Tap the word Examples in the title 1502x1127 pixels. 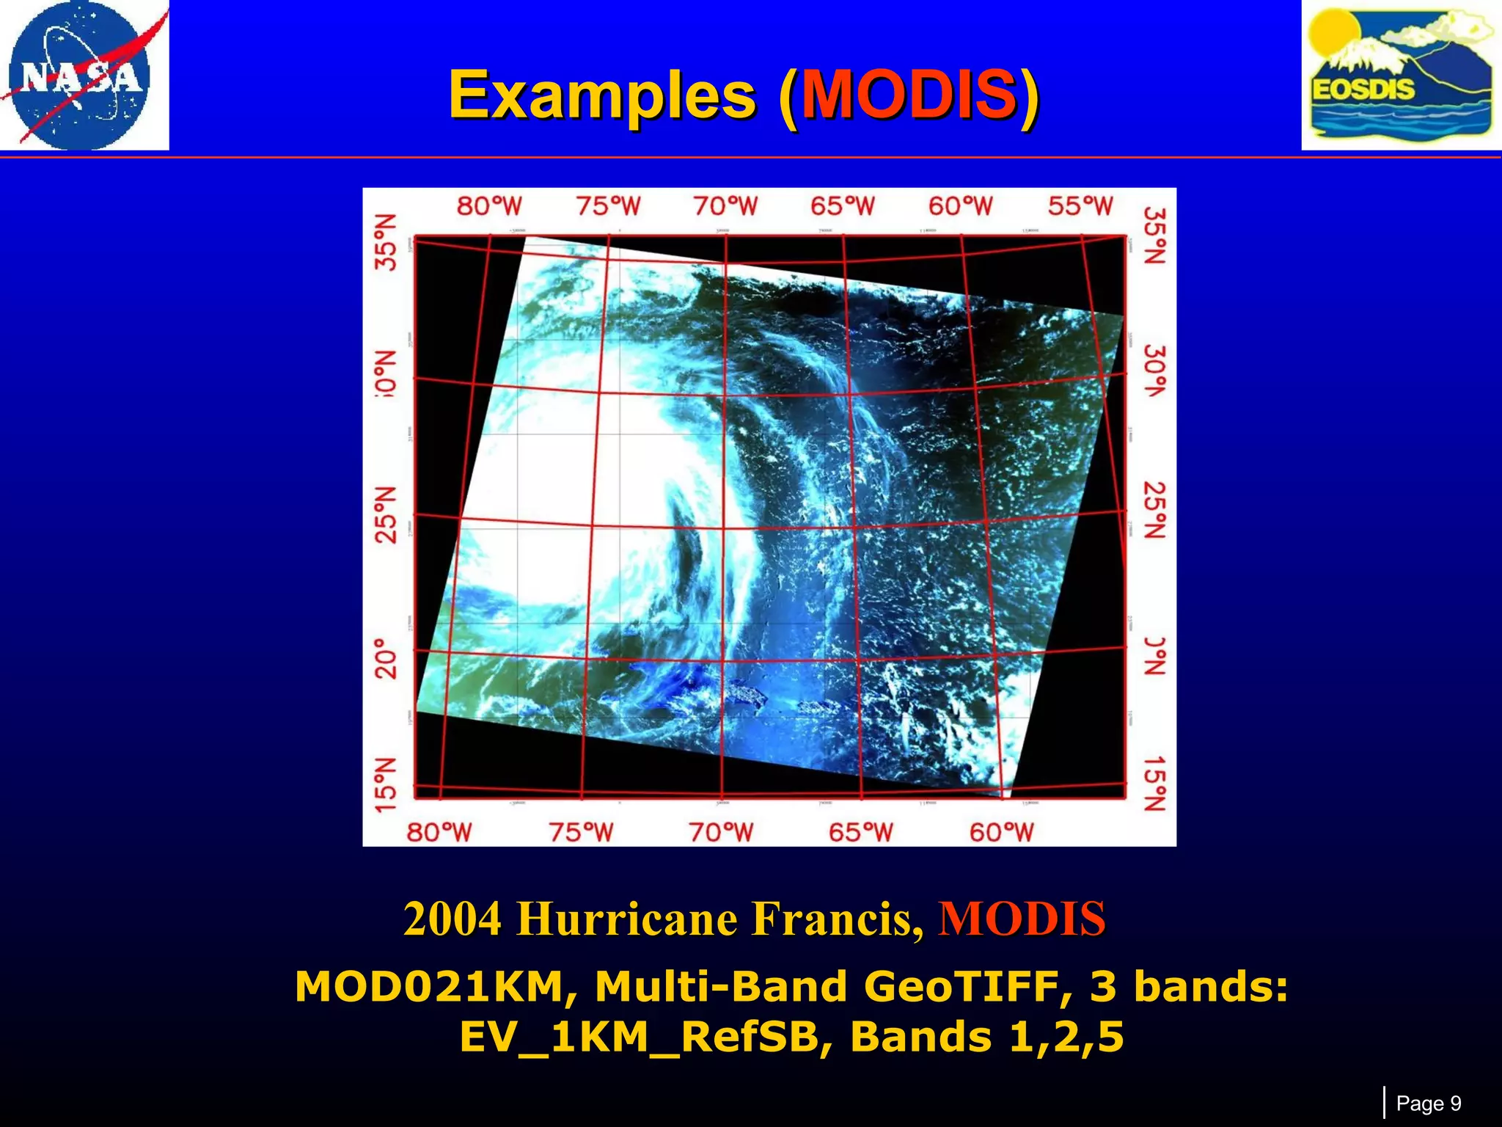coord(601,95)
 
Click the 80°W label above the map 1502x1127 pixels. coord(489,206)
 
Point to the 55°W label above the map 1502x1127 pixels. coord(1080,206)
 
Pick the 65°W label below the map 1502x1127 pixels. coord(861,832)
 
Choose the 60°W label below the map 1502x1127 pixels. coord(1001,832)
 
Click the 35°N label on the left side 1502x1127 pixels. coord(387,243)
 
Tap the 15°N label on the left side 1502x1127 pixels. coord(387,785)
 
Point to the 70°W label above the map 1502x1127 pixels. coord(725,206)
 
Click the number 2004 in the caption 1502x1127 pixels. coord(453,919)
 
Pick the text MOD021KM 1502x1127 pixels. coord(429,986)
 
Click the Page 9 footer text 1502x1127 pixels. coord(1429,1104)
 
